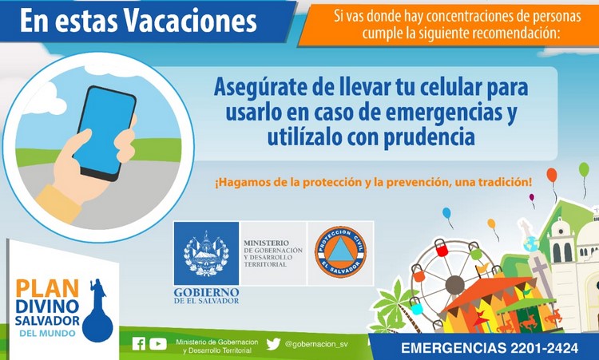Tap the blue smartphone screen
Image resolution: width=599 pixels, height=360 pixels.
(x=104, y=130)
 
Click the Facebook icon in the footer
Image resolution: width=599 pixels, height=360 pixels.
(x=139, y=344)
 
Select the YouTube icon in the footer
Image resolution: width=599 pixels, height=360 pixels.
(x=158, y=344)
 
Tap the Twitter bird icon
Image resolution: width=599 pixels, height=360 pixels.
(x=273, y=344)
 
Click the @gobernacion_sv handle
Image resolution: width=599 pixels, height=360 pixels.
(x=316, y=344)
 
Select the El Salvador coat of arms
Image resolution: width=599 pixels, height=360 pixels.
(x=206, y=253)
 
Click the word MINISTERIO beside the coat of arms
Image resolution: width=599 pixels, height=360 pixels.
(x=266, y=243)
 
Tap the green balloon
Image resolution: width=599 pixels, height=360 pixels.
(x=584, y=169)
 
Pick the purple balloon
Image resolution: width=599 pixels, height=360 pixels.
(x=532, y=197)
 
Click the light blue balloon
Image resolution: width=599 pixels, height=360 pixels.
(x=446, y=213)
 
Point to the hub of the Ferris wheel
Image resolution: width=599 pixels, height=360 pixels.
(x=454, y=284)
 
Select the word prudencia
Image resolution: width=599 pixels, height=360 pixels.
(x=430, y=137)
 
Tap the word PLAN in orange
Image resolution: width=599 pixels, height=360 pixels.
(x=47, y=288)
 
